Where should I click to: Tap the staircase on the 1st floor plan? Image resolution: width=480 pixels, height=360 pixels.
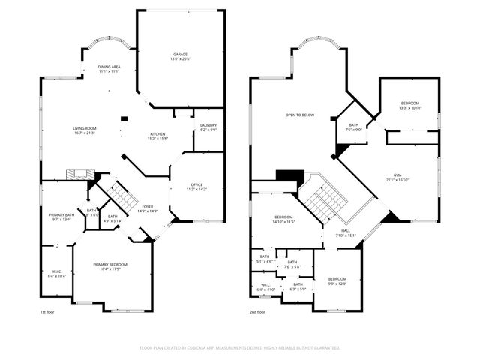[x=118, y=197]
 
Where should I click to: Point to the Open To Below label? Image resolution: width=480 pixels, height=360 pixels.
[x=299, y=115]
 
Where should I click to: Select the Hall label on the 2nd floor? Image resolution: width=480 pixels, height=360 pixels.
[x=346, y=232]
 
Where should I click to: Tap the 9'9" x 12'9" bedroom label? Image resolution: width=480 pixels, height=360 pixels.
[x=337, y=280]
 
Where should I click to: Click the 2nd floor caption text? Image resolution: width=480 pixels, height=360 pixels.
[x=259, y=312]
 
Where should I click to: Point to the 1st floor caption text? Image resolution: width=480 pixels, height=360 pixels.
[x=48, y=312]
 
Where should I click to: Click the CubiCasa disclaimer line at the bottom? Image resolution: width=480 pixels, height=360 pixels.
[x=240, y=348]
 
